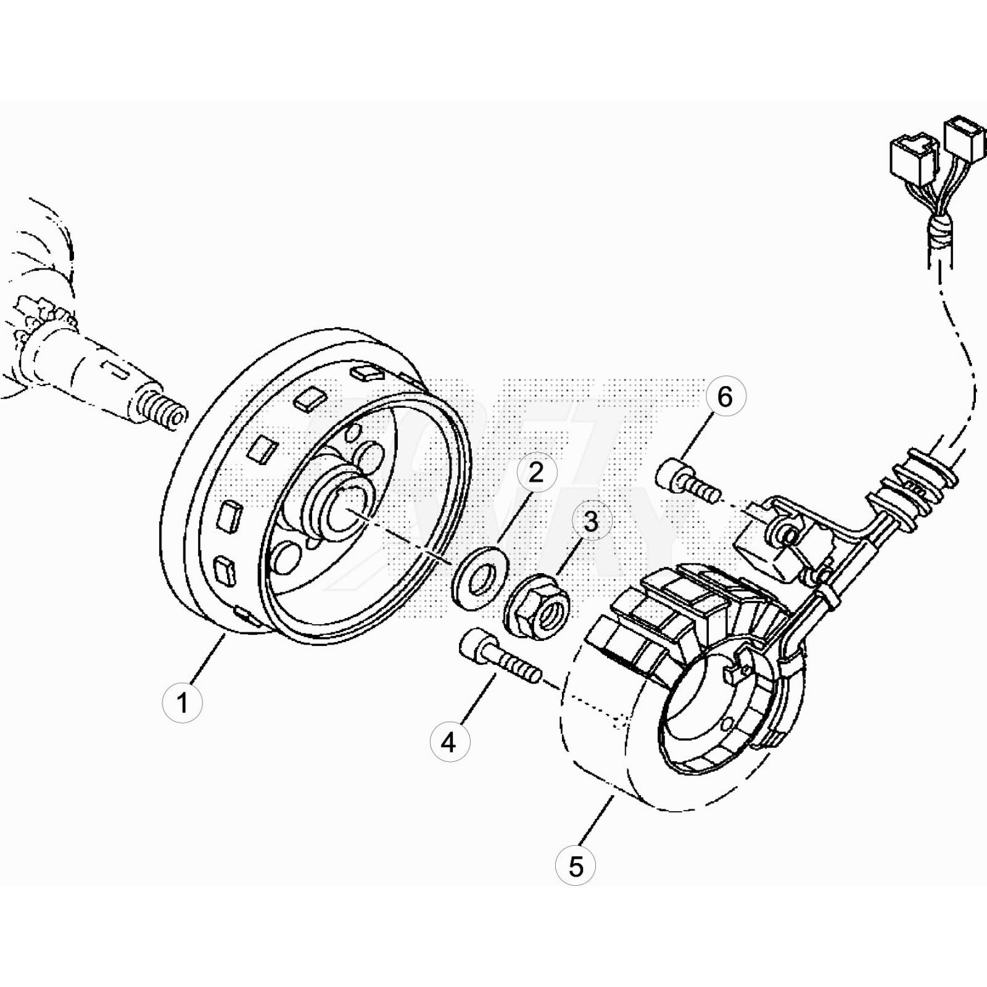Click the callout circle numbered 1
(182, 702)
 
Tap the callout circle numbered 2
(536, 473)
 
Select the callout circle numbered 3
(590, 522)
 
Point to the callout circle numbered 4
(449, 742)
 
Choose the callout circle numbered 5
(576, 867)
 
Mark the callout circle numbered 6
(725, 397)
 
